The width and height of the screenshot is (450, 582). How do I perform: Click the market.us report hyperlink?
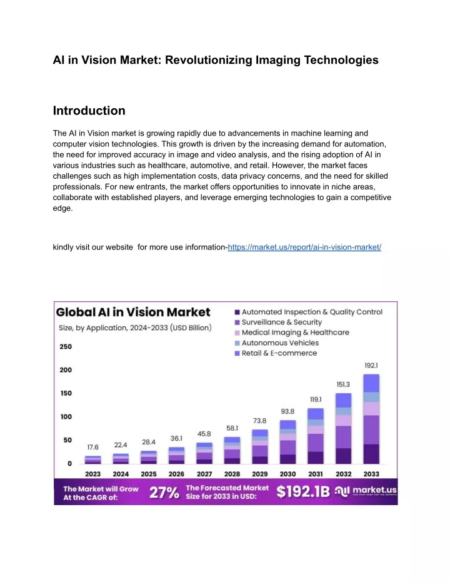click(x=304, y=247)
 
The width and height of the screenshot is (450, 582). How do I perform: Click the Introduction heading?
click(x=89, y=111)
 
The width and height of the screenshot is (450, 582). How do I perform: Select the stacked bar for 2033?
click(x=371, y=419)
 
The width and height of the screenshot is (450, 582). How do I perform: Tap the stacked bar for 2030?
click(x=287, y=442)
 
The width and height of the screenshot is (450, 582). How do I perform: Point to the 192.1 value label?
click(x=371, y=366)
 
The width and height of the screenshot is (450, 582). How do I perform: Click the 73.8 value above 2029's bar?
click(x=259, y=421)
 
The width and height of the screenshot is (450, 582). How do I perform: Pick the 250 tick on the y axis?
click(x=66, y=347)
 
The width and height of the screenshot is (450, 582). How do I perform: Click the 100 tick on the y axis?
click(x=66, y=417)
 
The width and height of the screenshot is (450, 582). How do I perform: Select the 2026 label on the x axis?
click(x=176, y=474)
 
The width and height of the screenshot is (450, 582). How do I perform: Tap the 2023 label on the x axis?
click(x=92, y=474)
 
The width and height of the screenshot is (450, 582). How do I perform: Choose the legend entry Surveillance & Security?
click(x=278, y=322)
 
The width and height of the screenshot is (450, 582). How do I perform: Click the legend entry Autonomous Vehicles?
click(x=277, y=343)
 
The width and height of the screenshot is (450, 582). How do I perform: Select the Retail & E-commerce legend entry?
click(x=276, y=353)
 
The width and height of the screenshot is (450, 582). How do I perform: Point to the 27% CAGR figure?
click(x=164, y=493)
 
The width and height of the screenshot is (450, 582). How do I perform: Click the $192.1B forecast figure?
click(x=302, y=491)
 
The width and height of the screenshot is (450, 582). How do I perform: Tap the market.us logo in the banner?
click(x=366, y=491)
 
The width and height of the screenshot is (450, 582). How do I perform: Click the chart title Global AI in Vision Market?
click(x=133, y=312)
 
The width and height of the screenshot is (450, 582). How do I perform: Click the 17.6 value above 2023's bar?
click(x=92, y=447)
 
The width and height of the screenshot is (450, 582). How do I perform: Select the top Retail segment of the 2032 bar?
click(x=344, y=401)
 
